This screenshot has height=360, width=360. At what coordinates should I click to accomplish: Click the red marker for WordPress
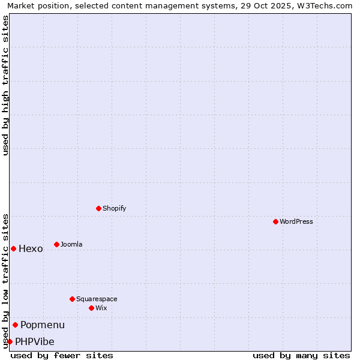275,221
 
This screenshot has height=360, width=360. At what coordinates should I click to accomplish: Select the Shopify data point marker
98,208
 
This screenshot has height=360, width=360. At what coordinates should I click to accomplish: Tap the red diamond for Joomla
56,244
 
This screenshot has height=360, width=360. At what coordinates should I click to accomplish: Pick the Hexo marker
13,248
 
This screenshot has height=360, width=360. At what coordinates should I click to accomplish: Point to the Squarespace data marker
72,299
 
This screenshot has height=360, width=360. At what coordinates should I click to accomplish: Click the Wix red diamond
91,308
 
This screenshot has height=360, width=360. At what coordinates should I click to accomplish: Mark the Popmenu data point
15,325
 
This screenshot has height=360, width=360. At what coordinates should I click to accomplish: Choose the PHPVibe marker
10,341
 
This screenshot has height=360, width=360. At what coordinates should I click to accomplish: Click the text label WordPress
296,221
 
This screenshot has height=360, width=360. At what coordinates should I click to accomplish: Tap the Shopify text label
115,208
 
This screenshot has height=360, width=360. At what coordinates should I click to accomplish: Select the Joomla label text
71,244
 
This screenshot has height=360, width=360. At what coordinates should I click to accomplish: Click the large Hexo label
31,249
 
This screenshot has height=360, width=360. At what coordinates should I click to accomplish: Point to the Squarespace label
97,299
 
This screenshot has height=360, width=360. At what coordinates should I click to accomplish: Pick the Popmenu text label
43,325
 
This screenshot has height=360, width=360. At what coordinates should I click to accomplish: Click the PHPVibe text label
35,342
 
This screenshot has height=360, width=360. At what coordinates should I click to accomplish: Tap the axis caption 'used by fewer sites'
62,355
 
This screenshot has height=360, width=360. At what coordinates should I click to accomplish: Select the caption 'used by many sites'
301,355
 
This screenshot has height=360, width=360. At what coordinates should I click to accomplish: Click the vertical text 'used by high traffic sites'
5,85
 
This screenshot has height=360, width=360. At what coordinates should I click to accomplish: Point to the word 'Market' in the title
21,5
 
